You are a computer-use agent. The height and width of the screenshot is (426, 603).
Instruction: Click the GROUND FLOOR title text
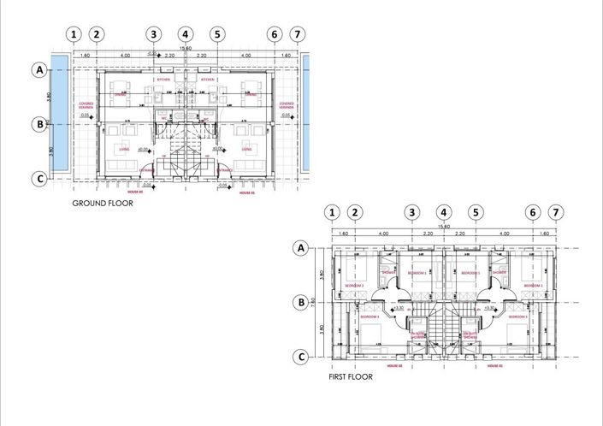click(102, 204)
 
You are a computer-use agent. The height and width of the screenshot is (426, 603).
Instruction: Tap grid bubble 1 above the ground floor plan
click(74, 34)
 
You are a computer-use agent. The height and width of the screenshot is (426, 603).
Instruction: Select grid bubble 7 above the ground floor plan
click(297, 34)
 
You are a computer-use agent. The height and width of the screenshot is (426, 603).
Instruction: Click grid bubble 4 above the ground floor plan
click(186, 34)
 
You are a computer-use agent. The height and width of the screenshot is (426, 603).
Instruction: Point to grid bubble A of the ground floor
click(38, 70)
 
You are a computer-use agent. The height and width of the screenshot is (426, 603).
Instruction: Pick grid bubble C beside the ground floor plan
click(38, 179)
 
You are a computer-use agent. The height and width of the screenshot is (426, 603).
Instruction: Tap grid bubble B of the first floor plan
click(300, 302)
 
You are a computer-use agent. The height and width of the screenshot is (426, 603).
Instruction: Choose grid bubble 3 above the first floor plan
click(412, 213)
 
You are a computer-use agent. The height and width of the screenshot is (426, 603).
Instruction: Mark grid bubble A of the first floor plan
click(300, 248)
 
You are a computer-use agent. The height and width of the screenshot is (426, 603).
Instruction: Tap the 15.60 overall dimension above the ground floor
click(186, 48)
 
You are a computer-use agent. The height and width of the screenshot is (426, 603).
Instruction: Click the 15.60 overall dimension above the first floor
click(444, 226)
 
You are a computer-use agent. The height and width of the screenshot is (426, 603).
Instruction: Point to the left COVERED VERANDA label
click(86, 105)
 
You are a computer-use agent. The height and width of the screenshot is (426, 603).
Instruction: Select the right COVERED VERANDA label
click(287, 105)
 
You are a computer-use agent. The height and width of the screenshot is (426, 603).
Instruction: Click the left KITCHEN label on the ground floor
click(164, 80)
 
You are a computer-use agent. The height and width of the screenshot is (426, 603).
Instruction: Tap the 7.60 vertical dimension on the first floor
click(314, 302)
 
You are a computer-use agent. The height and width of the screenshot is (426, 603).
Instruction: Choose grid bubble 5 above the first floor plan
click(476, 213)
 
